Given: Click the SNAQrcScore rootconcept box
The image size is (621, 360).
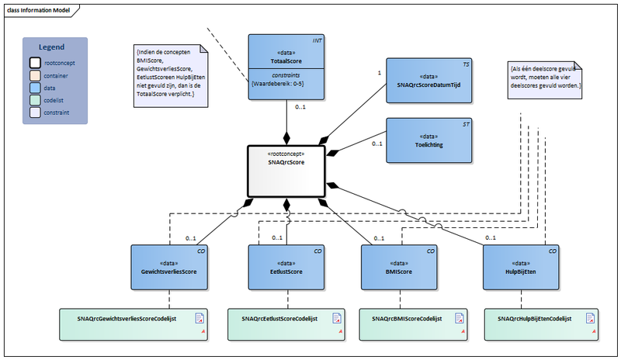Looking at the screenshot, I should click(287, 171).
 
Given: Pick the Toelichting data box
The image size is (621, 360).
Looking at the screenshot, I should click(428, 140).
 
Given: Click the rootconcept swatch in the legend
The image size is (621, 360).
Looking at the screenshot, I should click(36, 63).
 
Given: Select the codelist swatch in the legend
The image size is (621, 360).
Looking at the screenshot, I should click(36, 100).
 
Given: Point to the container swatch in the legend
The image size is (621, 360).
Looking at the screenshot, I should click(36, 75).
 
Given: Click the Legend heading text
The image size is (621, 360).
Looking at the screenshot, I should click(52, 47).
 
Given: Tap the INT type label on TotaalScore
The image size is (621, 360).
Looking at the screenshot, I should click(317, 39).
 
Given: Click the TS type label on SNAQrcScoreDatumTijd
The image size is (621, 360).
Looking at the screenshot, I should click(466, 64).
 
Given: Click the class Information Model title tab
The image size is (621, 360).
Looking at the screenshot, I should click(36, 8).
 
